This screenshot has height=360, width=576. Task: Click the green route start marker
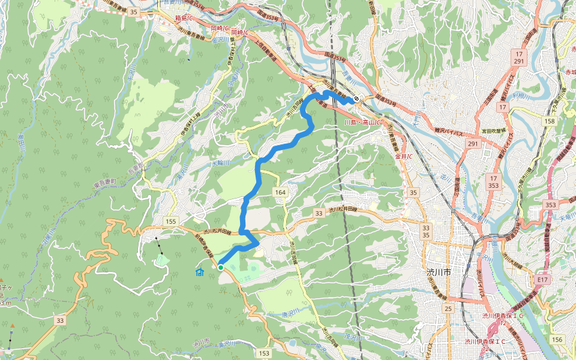click(x=221, y=268)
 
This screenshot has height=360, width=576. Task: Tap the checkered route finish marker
click(x=356, y=99)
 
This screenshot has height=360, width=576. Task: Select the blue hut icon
click(x=200, y=272)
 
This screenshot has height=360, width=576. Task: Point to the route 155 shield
click(x=171, y=222)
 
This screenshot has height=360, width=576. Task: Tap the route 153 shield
click(x=265, y=353)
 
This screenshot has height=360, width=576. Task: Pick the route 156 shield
click(x=557, y=340)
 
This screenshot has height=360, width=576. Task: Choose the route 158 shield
click(x=550, y=121)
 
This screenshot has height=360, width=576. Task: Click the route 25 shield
click(x=448, y=308)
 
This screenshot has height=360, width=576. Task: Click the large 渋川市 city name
click(x=439, y=272)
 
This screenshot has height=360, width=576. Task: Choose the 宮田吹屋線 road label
click(x=494, y=130)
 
